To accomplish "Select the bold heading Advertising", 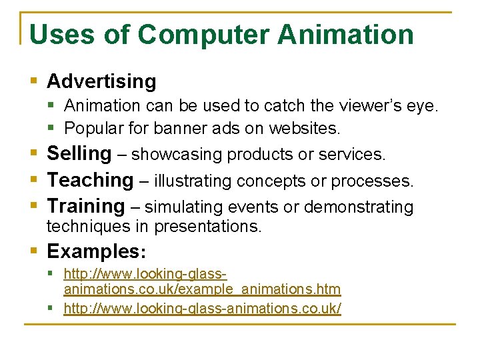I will (101, 81).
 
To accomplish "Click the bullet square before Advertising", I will (34, 81).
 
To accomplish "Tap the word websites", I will (309, 127).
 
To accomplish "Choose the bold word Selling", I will (79, 153).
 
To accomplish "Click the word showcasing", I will (177, 155).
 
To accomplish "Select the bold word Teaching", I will (90, 180).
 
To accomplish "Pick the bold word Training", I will (86, 207).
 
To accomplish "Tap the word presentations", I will (208, 227).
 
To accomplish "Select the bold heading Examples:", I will (97, 251).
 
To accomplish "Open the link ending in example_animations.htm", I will (202, 289).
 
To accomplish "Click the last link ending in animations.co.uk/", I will (202, 309).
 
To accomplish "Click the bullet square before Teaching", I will (34, 180).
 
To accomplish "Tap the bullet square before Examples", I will (34, 252).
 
